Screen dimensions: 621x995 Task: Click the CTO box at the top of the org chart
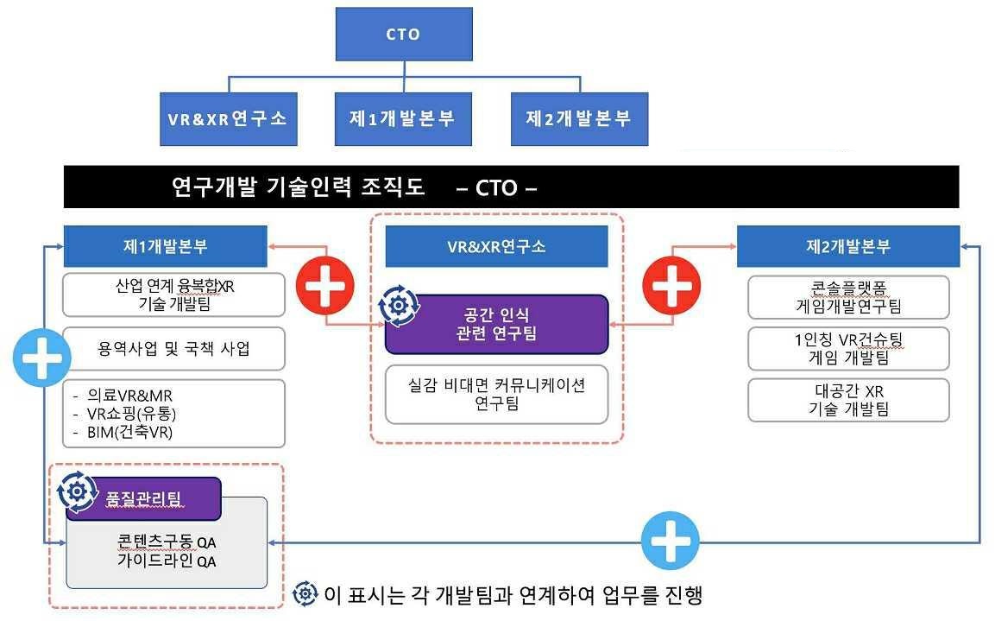[403, 35]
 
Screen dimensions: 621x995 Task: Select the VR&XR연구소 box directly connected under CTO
[228, 119]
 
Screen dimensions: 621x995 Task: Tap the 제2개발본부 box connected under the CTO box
[578, 119]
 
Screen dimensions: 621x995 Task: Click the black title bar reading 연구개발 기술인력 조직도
[511, 187]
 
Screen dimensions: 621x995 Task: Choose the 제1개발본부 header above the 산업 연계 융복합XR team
[165, 246]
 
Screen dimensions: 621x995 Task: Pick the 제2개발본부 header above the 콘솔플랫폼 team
[848, 246]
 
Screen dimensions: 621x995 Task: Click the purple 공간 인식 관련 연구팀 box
[496, 325]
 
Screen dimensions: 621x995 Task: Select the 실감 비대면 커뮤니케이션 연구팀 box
[496, 394]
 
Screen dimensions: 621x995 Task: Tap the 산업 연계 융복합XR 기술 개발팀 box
[174, 295]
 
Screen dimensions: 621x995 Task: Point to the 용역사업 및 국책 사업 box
[174, 349]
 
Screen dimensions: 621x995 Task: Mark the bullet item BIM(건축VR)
[129, 432]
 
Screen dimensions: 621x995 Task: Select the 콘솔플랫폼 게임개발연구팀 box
[848, 296]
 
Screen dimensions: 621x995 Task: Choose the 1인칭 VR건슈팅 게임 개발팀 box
[848, 348]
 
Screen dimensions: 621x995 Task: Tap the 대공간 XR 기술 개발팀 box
[848, 400]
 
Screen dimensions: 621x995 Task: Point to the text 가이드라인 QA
[167, 561]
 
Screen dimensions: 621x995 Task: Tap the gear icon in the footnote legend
[305, 594]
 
